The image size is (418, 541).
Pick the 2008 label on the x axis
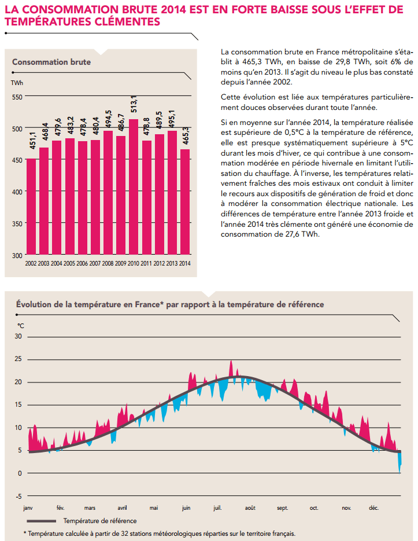click(x=108, y=263)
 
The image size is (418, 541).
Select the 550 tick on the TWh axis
click(x=16, y=97)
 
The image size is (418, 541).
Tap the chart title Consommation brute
click(x=51, y=62)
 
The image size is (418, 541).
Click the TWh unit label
click(x=17, y=83)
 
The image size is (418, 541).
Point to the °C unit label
click(x=21, y=326)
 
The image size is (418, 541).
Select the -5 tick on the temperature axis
click(x=18, y=496)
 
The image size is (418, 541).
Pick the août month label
click(x=250, y=508)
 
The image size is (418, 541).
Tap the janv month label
click(x=28, y=508)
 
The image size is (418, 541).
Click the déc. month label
click(x=373, y=508)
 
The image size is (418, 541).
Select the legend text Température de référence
click(x=100, y=521)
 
